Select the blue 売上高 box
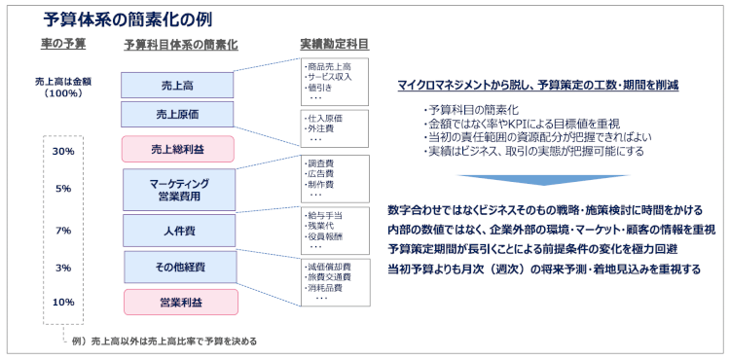coord(177,85)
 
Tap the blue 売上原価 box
coord(177,115)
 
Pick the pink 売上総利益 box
coord(178,149)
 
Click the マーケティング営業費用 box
coord(179,189)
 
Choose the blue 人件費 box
coord(178,232)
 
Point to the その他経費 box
coord(179,267)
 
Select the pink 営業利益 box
coord(179,302)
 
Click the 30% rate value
coord(63,152)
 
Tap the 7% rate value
coord(63,231)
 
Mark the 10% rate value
coord(63,302)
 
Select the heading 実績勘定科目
coord(335,44)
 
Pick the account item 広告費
coord(320,174)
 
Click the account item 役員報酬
coord(323,237)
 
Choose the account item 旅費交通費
coord(327,277)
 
